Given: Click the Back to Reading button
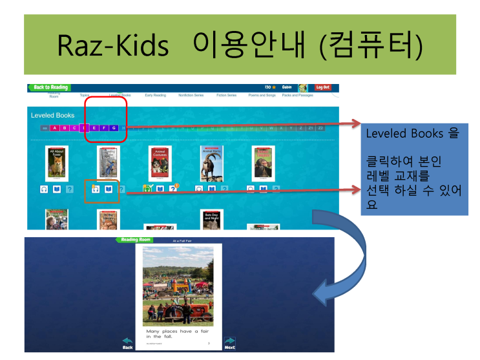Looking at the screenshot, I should [x=49, y=87].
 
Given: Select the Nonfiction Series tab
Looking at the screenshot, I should [x=191, y=95].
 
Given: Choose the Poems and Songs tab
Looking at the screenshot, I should [x=262, y=95].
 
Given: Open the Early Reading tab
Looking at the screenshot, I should [x=155, y=95].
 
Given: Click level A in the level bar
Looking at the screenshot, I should [x=55, y=128].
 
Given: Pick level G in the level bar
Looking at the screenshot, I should [x=114, y=128].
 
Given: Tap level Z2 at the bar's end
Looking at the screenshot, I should [x=320, y=128].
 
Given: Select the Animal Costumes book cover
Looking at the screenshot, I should [x=160, y=164].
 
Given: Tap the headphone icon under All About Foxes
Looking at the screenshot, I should [x=44, y=189].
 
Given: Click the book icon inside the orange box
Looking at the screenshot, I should [x=109, y=189].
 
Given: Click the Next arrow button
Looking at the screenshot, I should [x=229, y=343].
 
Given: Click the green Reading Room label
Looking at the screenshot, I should [x=134, y=239].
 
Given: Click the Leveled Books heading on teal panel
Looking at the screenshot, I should [x=53, y=115].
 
